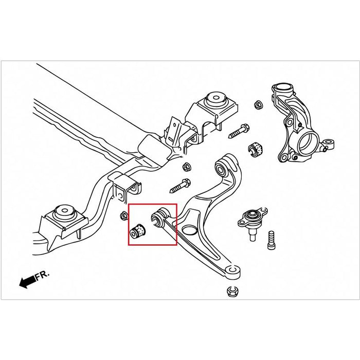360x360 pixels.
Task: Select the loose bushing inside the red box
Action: point(137,231)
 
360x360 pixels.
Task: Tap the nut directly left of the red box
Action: point(123,215)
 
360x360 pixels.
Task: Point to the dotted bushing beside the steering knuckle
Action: point(255,148)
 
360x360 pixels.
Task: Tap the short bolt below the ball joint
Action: point(271,239)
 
